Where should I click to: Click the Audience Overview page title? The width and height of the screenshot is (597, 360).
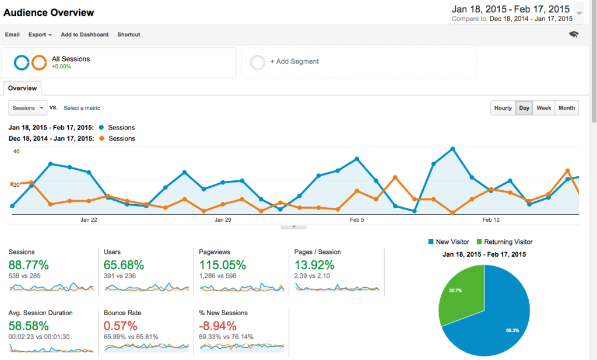pos(49,12)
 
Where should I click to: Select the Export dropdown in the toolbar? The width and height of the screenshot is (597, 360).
pos(40,34)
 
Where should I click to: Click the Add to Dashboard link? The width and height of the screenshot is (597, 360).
pos(85,34)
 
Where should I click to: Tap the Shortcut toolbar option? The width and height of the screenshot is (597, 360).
pos(129,34)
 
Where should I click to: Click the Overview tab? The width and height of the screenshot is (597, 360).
pos(23,88)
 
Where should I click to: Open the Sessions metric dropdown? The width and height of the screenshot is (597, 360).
pos(28,108)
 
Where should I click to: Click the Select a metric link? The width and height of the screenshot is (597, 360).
pos(82,108)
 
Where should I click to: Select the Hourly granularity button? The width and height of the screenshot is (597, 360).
pos(503,108)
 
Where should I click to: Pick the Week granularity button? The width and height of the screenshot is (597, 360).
pos(544,108)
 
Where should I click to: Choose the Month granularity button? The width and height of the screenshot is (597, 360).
pos(566,108)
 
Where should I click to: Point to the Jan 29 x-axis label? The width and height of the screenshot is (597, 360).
pos(223,220)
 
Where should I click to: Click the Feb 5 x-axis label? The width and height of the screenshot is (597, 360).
pos(357,220)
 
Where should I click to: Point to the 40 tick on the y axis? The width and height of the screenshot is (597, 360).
pos(16,152)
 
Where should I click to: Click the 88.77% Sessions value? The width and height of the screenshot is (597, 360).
pos(29,265)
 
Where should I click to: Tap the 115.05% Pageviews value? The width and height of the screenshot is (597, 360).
pos(223,265)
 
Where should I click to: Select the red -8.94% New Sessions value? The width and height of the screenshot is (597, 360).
pos(217,326)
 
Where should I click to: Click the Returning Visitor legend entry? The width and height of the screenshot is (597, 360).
pos(504,242)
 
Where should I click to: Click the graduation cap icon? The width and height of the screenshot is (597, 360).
pos(574,34)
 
